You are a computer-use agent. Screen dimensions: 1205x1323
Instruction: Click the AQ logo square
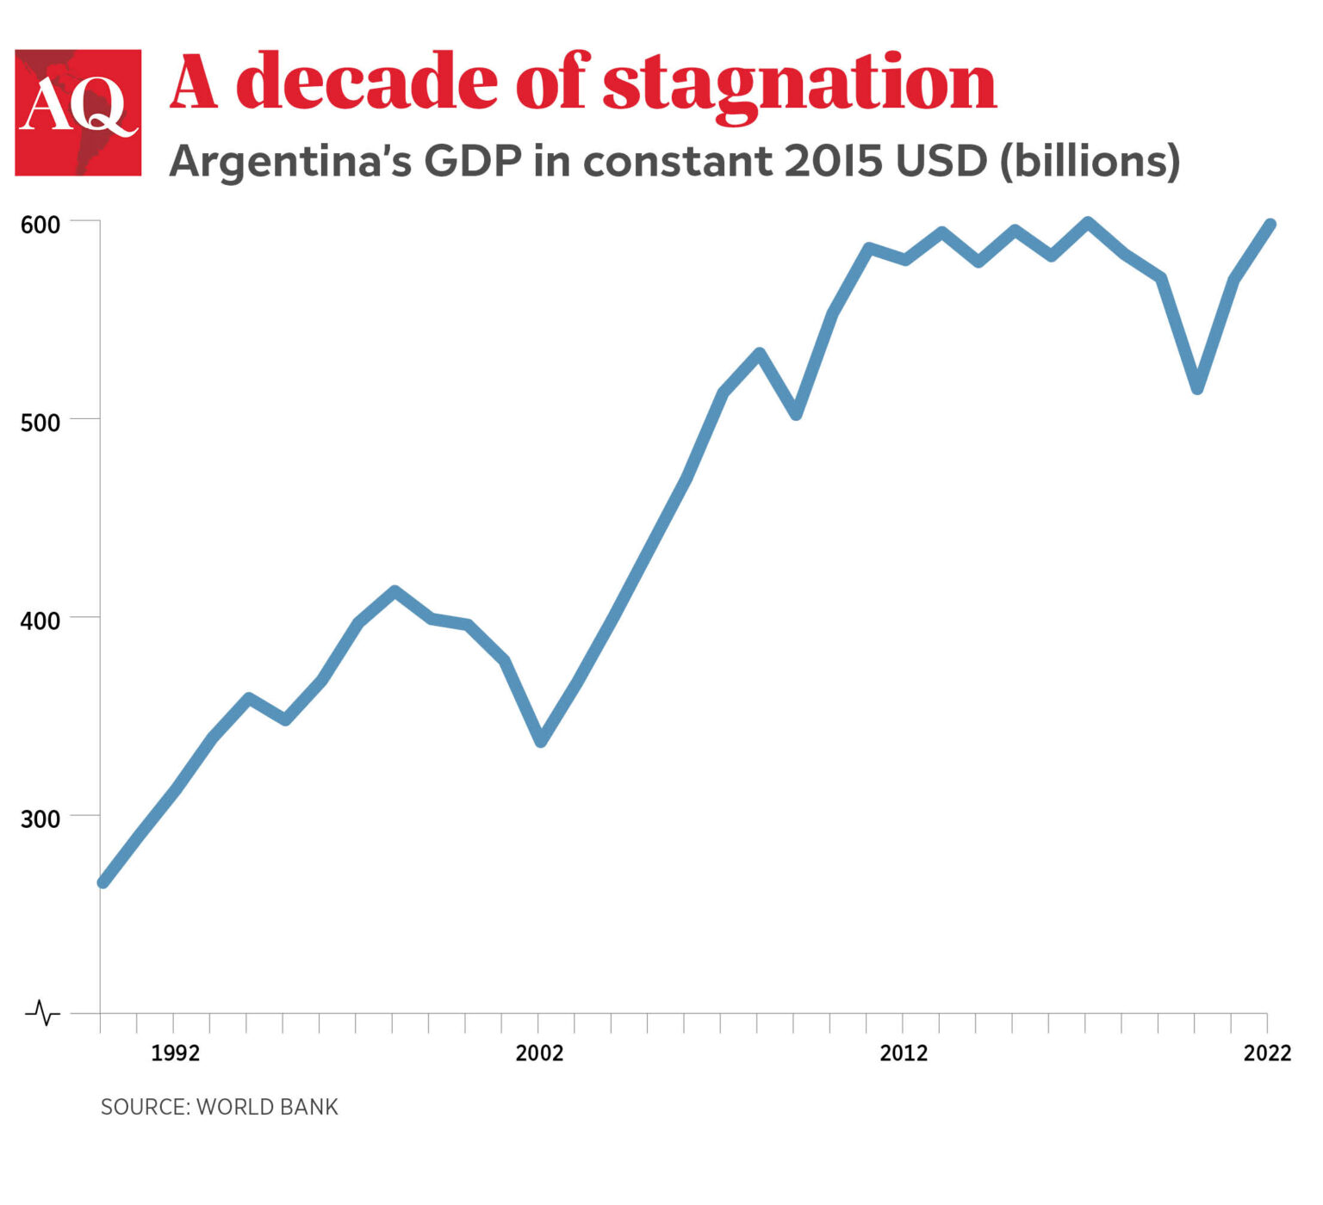tap(78, 113)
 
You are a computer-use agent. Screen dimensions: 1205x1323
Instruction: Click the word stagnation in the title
tap(798, 83)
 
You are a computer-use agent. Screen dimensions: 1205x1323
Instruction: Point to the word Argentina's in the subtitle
tap(290, 162)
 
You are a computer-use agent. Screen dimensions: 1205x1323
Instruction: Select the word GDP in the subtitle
tap(473, 161)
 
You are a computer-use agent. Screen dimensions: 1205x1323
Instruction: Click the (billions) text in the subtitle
tap(1090, 162)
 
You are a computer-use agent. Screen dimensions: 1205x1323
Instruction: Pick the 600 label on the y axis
tap(40, 225)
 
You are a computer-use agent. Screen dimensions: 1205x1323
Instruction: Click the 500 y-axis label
tap(40, 423)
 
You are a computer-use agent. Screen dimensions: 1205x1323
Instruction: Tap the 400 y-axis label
tap(40, 621)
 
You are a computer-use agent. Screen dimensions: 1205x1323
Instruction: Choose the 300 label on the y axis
tap(40, 819)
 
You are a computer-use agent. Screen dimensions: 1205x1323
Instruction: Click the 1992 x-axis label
tap(175, 1053)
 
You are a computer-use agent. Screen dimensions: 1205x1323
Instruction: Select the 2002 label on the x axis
tap(539, 1053)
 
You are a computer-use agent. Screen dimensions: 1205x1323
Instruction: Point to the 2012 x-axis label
tap(904, 1053)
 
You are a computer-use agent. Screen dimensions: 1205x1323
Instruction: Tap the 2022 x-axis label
tap(1267, 1053)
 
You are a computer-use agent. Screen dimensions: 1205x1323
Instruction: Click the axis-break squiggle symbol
tap(43, 1013)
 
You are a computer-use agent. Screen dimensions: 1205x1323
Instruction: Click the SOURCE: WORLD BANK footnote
tap(220, 1107)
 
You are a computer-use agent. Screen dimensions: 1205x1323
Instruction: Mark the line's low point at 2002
tap(541, 740)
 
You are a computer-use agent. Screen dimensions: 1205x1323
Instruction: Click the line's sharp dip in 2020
tap(1197, 388)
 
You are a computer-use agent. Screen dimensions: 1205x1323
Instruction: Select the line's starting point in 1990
tap(103, 881)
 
